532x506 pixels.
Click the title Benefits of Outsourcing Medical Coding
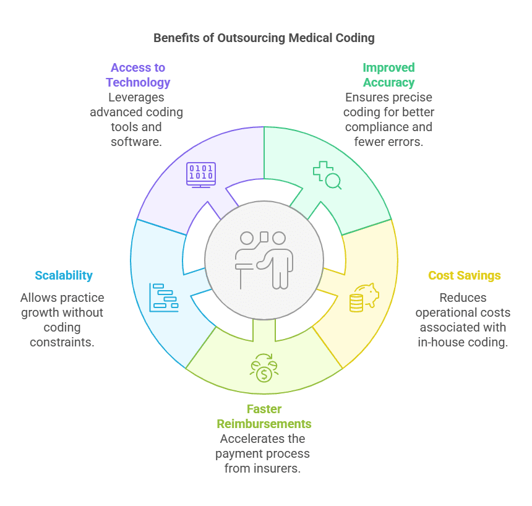[x=264, y=38]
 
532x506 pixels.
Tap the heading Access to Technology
[x=138, y=75]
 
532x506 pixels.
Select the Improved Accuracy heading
[x=389, y=75]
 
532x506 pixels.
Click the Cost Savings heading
[x=465, y=275]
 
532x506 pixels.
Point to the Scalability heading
[x=64, y=275]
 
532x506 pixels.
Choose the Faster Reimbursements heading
[x=264, y=416]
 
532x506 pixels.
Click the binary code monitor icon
[x=201, y=175]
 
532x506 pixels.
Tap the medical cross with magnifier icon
[x=327, y=175]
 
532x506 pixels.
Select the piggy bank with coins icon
[x=364, y=298]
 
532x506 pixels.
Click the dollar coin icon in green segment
[x=264, y=368]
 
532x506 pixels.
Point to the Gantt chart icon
[x=164, y=298]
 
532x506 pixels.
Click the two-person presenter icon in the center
[x=264, y=260]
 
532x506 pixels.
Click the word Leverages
[x=136, y=97]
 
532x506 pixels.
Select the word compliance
[x=373, y=127]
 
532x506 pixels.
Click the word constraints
[x=62, y=342]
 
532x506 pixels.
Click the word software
[x=136, y=142]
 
